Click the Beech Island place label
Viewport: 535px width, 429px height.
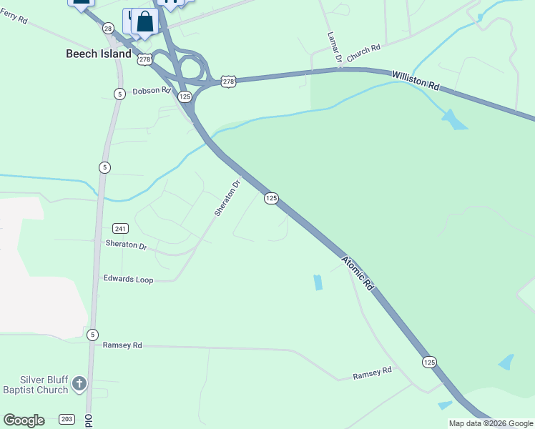pos(99,54)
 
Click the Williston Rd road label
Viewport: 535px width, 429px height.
pos(416,79)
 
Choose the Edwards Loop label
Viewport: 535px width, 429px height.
pos(128,280)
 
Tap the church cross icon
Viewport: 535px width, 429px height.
pos(79,385)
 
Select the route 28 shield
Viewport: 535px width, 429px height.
pos(108,28)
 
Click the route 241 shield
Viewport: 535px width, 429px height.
pos(120,229)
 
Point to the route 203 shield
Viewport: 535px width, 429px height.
pos(67,419)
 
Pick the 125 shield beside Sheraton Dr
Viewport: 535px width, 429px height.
pos(271,198)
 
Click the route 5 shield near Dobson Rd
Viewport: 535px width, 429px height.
pos(119,94)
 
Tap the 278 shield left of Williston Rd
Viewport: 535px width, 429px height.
pos(228,82)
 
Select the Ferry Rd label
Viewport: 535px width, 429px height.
pos(14,19)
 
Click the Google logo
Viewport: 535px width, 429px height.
pos(24,420)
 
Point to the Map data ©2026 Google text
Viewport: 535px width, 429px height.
pos(491,423)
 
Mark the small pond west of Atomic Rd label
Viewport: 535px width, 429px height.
pos(318,282)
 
